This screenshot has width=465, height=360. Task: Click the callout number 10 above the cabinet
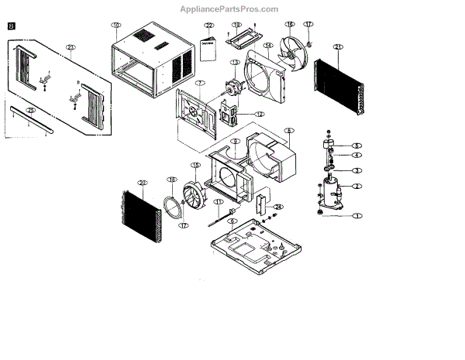115,26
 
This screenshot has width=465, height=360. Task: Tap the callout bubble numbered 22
208,26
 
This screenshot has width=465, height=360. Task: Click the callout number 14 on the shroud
268,46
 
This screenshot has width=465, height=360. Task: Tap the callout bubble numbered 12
260,114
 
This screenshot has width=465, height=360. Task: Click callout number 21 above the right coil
338,47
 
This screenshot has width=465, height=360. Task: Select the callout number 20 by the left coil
142,183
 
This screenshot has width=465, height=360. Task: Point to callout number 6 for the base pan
232,221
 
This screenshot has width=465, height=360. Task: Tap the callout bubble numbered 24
279,207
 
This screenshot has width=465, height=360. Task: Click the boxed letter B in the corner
12,26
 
